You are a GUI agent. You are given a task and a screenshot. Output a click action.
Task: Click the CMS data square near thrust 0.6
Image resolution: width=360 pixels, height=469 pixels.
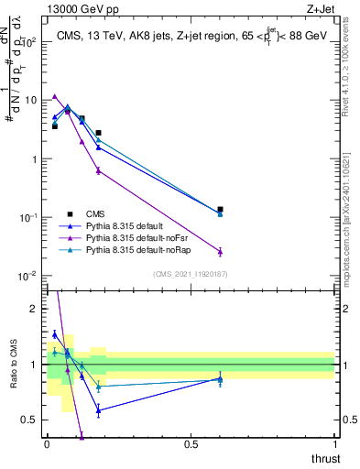point(220,210)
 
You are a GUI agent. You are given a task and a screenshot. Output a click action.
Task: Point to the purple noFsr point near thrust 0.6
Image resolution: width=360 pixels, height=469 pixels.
point(220,251)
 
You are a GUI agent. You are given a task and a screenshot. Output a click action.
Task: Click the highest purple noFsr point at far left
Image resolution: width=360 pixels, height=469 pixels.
point(55,96)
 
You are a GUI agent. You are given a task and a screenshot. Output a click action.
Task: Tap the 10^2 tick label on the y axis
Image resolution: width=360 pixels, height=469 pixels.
point(27,42)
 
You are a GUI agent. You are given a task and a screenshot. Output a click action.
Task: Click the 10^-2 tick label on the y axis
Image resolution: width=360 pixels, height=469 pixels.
point(27,276)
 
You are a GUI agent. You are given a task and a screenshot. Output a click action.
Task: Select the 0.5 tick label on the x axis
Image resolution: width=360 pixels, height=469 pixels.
point(191,444)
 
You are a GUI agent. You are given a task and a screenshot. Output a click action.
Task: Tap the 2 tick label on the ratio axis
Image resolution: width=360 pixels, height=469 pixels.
point(34,309)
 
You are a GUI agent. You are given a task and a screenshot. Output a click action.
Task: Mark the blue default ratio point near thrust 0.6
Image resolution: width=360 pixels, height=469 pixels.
point(220,377)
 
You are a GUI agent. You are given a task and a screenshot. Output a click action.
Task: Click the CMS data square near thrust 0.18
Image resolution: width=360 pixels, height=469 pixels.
point(99,133)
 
